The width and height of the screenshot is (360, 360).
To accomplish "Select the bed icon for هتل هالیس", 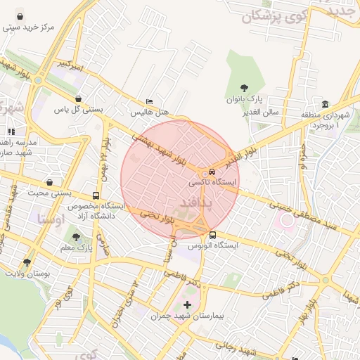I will pos(148,101).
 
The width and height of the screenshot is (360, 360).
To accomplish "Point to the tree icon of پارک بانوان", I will pos(244,88).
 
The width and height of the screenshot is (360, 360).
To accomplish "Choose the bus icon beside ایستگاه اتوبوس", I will pos(212,235).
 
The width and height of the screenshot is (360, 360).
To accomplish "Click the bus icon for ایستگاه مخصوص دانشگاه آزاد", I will pos(96,195).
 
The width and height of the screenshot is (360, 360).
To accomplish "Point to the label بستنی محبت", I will pos(50,192).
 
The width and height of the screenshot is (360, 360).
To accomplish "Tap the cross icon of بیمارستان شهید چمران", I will pos(187,304).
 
